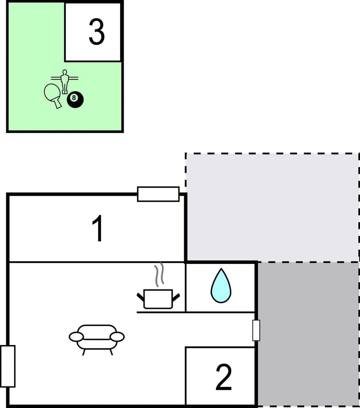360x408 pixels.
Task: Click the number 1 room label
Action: point(98,229)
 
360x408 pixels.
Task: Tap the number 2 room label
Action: point(223,377)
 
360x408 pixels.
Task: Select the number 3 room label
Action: point(96,32)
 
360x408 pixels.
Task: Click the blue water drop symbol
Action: point(221,286)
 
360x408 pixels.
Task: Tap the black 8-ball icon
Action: point(75,99)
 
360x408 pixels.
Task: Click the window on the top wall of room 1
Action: point(158,194)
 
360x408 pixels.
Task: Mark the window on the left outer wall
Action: point(8,366)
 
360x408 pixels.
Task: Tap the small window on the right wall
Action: point(256,330)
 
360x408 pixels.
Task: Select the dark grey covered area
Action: point(307,334)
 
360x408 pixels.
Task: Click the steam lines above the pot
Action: point(160,273)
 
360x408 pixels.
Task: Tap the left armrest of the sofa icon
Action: point(76,336)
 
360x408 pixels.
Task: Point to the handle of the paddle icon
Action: point(58,104)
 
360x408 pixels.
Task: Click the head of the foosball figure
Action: point(65,72)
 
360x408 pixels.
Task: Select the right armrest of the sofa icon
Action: point(117,336)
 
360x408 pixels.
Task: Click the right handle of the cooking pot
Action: point(175,297)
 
